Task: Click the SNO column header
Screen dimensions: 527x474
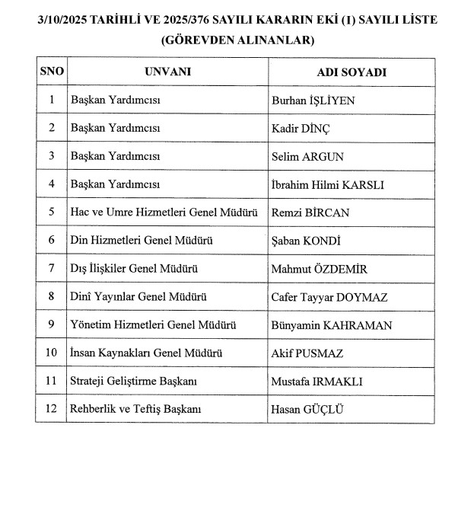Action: coord(52,72)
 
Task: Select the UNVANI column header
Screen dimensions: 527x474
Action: coord(167,72)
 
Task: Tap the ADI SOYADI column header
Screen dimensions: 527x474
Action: coord(352,72)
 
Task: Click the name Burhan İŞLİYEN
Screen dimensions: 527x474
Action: coord(313,100)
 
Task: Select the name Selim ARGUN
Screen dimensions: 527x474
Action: coord(307,156)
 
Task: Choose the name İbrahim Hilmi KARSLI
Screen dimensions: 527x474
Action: coord(327,184)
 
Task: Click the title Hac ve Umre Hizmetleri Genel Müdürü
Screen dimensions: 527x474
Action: coord(167,212)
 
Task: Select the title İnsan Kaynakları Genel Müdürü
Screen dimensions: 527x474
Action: coord(146,353)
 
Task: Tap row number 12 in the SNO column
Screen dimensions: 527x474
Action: coord(52,409)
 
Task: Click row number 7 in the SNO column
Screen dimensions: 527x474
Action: coord(52,268)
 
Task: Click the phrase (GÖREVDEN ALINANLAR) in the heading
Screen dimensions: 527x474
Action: coord(237,41)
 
